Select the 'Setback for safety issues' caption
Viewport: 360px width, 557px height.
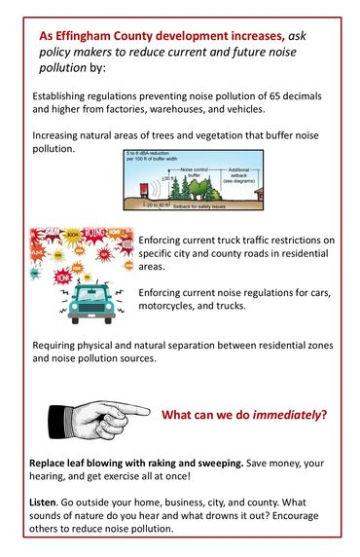(x=205, y=206)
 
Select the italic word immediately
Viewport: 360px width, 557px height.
(x=286, y=415)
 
